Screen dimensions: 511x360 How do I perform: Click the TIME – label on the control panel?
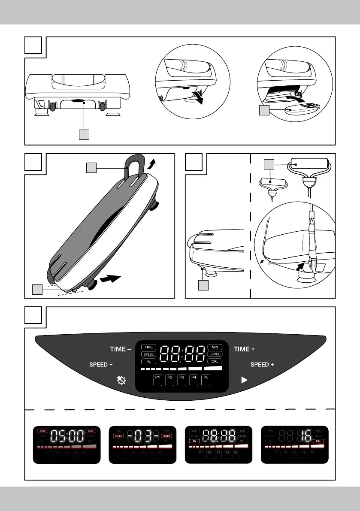tap(120, 349)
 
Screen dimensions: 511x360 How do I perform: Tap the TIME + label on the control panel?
tap(244, 349)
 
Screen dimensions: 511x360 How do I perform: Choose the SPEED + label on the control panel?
tap(262, 365)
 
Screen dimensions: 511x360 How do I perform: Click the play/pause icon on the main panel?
tap(244, 380)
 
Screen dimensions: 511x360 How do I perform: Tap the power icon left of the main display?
tap(121, 380)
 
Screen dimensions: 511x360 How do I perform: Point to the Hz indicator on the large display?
tap(149, 362)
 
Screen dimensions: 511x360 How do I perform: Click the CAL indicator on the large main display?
tap(215, 362)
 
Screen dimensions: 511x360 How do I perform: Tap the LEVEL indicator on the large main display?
tap(215, 354)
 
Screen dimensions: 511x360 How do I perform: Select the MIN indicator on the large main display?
tap(215, 347)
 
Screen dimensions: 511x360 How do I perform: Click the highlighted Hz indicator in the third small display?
tap(195, 441)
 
